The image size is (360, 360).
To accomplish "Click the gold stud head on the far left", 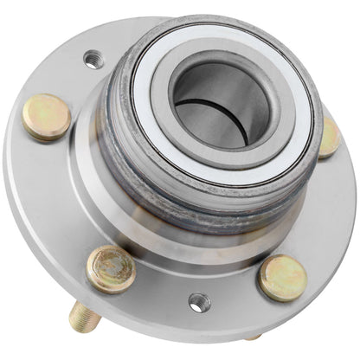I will coord(46,117).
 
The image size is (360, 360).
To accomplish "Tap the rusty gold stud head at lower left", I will coord(112,268).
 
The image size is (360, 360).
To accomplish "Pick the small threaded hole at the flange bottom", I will coord(199,303).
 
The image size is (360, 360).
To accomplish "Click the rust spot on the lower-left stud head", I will coord(104,260).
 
